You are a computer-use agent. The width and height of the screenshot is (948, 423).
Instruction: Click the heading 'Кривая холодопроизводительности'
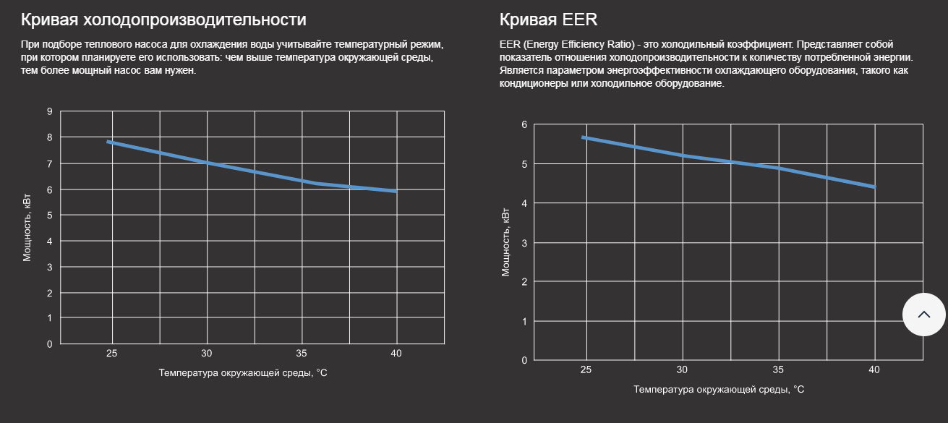pyautogui.click(x=163, y=20)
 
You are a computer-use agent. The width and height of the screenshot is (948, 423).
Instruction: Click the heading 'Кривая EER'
pyautogui.click(x=548, y=20)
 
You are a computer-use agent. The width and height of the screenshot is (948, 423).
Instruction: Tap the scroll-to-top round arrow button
pyautogui.click(x=923, y=315)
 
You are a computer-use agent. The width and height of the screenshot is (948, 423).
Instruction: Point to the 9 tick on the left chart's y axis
pyautogui.click(x=50, y=111)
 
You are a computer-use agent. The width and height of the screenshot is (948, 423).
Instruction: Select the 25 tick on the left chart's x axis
pyautogui.click(x=111, y=354)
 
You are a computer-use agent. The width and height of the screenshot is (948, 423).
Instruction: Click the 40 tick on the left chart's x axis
pyautogui.click(x=396, y=354)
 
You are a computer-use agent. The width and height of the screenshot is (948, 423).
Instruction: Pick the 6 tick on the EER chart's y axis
pyautogui.click(x=524, y=124)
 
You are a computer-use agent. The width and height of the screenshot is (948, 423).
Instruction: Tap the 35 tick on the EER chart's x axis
pyautogui.click(x=778, y=369)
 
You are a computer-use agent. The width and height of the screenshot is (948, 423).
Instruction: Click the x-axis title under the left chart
pyautogui.click(x=244, y=373)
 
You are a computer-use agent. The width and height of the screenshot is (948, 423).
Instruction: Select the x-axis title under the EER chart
pyautogui.click(x=719, y=389)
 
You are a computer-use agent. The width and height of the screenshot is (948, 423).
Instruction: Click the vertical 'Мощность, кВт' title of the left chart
pyautogui.click(x=27, y=226)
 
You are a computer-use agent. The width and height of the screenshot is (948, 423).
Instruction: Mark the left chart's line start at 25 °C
pyautogui.click(x=108, y=142)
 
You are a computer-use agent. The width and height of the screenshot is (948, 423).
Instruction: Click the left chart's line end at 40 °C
pyautogui.click(x=396, y=191)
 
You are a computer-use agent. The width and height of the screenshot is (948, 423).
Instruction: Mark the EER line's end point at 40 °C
pyautogui.click(x=875, y=187)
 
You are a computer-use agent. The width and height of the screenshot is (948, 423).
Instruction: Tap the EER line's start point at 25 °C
pyautogui.click(x=583, y=137)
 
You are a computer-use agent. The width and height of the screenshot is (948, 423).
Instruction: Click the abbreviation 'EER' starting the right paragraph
pyautogui.click(x=510, y=45)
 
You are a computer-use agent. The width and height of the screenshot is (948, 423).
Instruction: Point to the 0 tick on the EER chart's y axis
pyautogui.click(x=524, y=360)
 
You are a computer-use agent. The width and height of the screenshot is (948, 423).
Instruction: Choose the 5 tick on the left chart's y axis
pyautogui.click(x=50, y=215)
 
